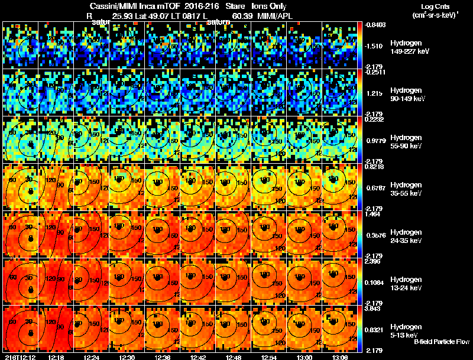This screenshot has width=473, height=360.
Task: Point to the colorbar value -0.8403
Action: pos(375,24)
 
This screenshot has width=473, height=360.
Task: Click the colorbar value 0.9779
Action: pos(377,140)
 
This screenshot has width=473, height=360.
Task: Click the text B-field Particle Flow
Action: pos(441,342)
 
